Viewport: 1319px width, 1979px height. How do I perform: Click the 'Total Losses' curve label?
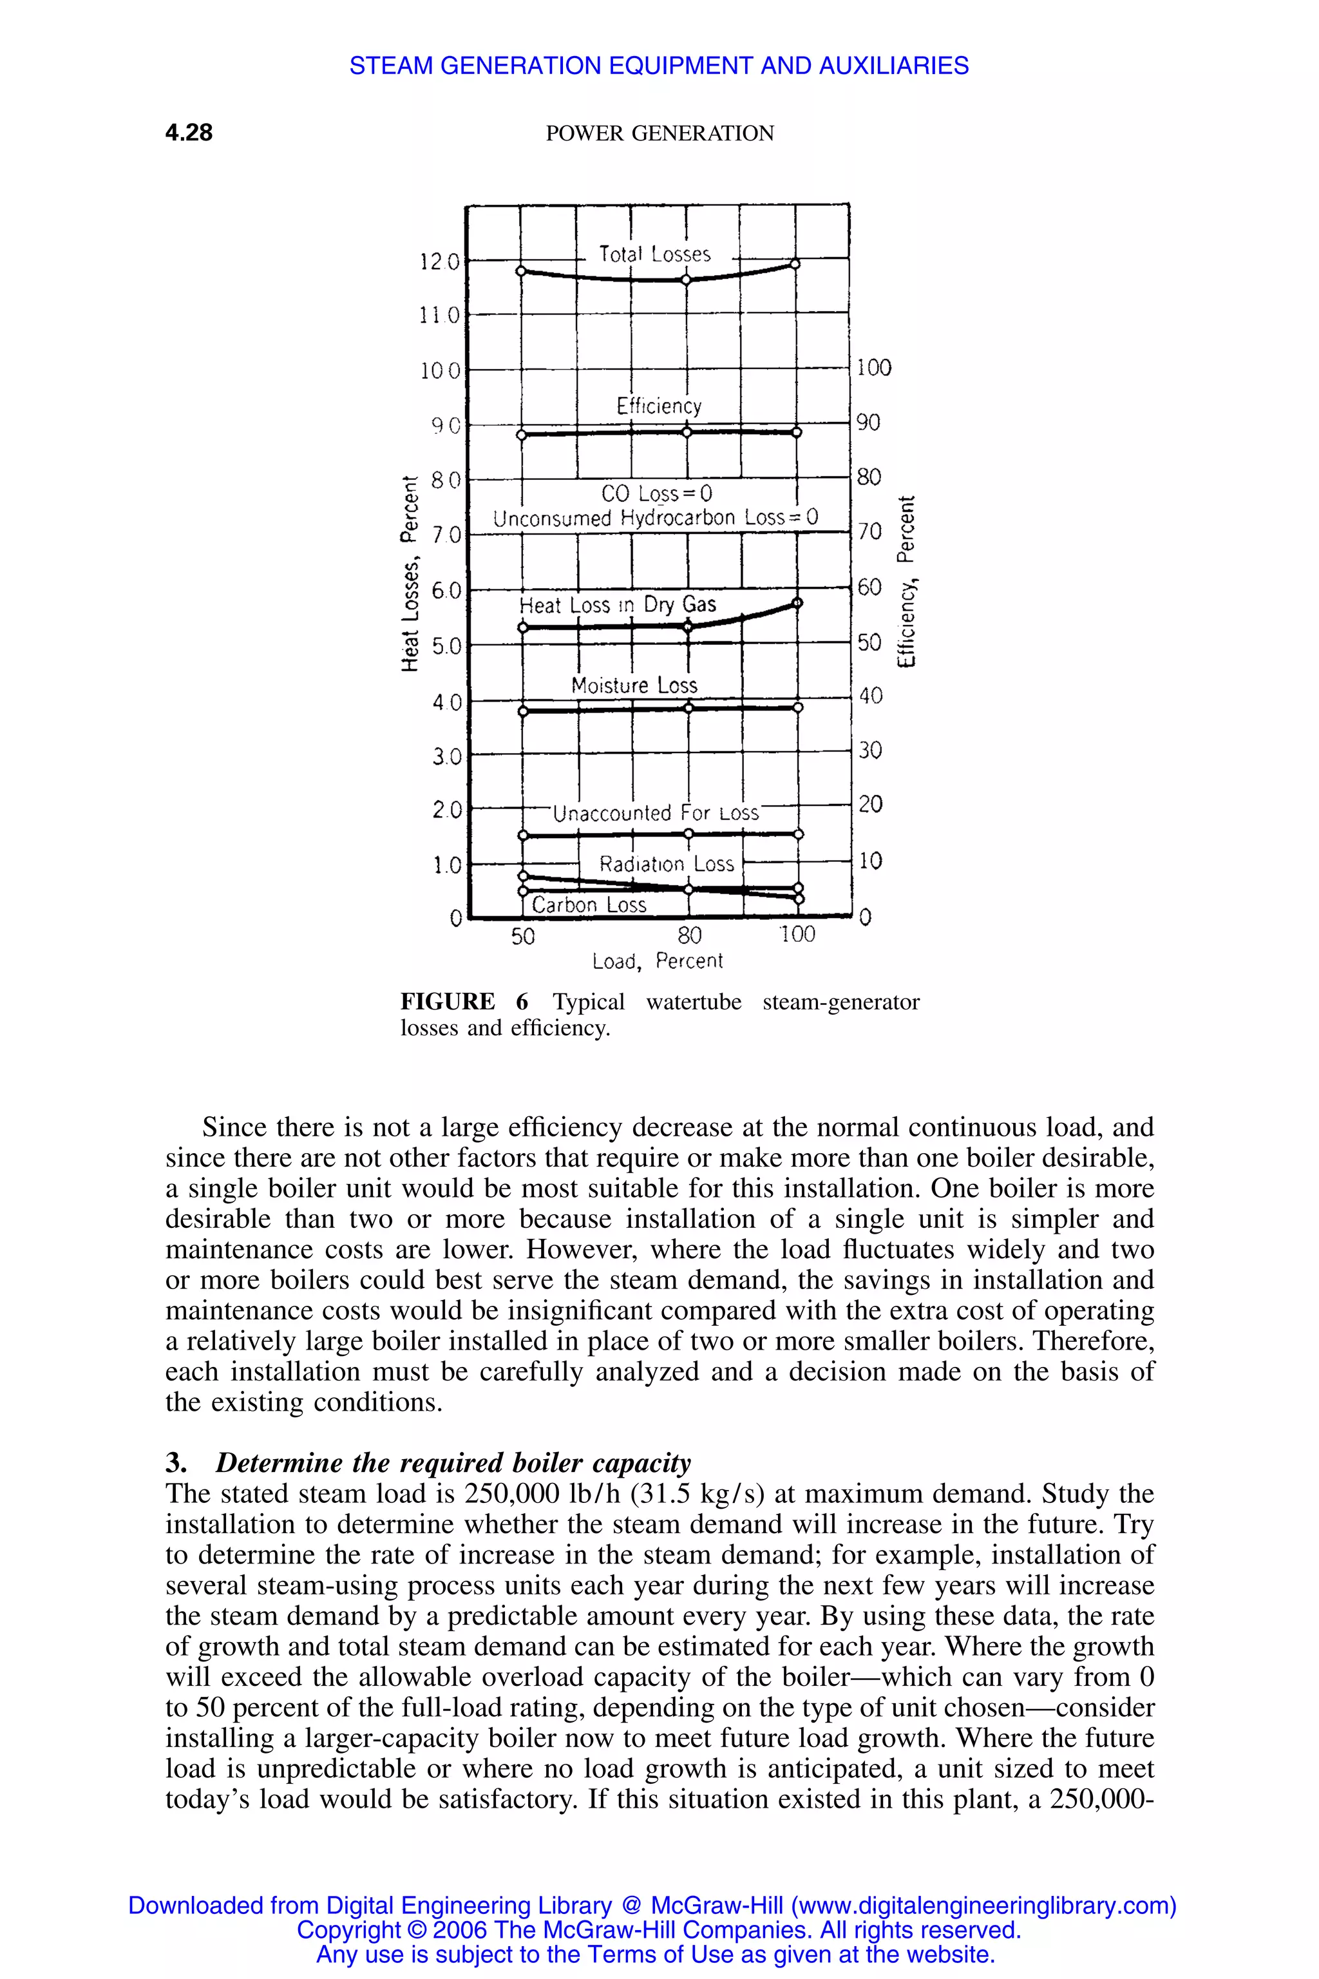654,254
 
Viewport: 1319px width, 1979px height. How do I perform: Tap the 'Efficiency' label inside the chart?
659,406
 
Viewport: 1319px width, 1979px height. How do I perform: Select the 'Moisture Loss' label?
634,685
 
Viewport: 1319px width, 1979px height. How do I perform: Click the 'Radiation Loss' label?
666,864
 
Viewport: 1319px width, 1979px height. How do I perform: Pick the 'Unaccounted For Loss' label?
655,813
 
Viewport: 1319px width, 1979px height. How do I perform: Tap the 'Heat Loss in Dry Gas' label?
618,605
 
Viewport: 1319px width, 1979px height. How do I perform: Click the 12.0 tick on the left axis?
440,262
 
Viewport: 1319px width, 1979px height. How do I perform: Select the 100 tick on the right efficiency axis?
873,368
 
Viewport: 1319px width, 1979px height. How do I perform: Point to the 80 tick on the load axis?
689,935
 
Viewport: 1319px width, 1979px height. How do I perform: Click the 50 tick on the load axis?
522,935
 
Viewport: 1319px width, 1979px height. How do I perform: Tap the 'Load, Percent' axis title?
657,961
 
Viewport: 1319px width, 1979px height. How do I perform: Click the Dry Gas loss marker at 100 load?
797,603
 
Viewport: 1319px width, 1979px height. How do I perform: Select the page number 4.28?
189,132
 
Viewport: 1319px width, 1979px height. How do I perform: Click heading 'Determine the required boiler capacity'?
453,1462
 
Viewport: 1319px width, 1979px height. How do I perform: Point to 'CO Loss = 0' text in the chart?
656,492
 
